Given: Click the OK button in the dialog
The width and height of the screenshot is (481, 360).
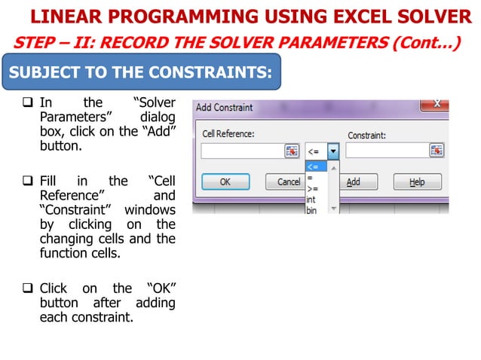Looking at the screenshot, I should (225, 182).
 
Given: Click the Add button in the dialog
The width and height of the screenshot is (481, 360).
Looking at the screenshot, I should (353, 182).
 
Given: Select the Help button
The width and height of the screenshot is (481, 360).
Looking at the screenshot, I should (416, 182).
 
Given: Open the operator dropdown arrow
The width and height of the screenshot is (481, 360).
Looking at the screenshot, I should (332, 151).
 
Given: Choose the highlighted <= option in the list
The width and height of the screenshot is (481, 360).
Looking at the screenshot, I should (314, 166).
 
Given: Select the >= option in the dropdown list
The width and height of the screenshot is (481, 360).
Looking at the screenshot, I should (312, 189).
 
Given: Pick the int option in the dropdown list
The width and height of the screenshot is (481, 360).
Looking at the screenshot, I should (311, 200).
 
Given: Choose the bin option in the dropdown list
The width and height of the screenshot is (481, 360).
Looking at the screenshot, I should (311, 210).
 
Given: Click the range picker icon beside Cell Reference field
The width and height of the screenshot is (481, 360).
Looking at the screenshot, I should (292, 151).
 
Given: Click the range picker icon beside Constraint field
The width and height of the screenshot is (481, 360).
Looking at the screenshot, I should (436, 151).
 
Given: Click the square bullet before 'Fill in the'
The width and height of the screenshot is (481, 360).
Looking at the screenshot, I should (29, 182).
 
